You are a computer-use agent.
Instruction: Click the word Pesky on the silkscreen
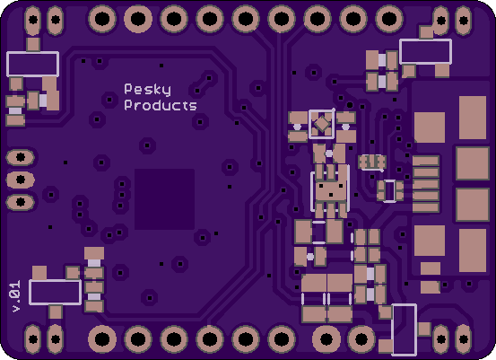[x=147, y=90]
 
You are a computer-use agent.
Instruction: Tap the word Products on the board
[x=161, y=105]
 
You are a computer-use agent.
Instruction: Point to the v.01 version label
[x=16, y=296]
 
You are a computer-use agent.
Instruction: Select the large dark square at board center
[x=164, y=199]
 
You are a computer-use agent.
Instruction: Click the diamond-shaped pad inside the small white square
[x=322, y=124]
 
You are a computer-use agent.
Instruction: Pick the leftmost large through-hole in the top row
[x=102, y=19]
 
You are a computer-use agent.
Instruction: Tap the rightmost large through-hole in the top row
[x=389, y=19]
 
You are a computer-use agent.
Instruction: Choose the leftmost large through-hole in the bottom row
[x=102, y=339]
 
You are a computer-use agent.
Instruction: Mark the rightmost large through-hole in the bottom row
[x=361, y=339]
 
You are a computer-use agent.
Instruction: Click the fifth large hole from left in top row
[x=246, y=19]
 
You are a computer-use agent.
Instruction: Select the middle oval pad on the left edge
[x=21, y=180]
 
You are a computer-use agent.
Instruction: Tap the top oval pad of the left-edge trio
[x=21, y=157]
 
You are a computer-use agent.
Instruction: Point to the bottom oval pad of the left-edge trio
[x=21, y=202]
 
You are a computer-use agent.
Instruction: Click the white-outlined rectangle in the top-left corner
[x=33, y=64]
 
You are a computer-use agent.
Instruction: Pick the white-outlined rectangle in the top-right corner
[x=425, y=51]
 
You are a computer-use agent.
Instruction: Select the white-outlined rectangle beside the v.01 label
[x=56, y=293]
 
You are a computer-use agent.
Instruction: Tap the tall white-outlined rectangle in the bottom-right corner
[x=404, y=329]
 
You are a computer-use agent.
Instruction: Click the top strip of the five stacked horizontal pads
[x=426, y=161]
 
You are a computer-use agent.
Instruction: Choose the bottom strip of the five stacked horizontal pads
[x=426, y=207]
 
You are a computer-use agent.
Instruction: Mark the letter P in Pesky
[x=127, y=89]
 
